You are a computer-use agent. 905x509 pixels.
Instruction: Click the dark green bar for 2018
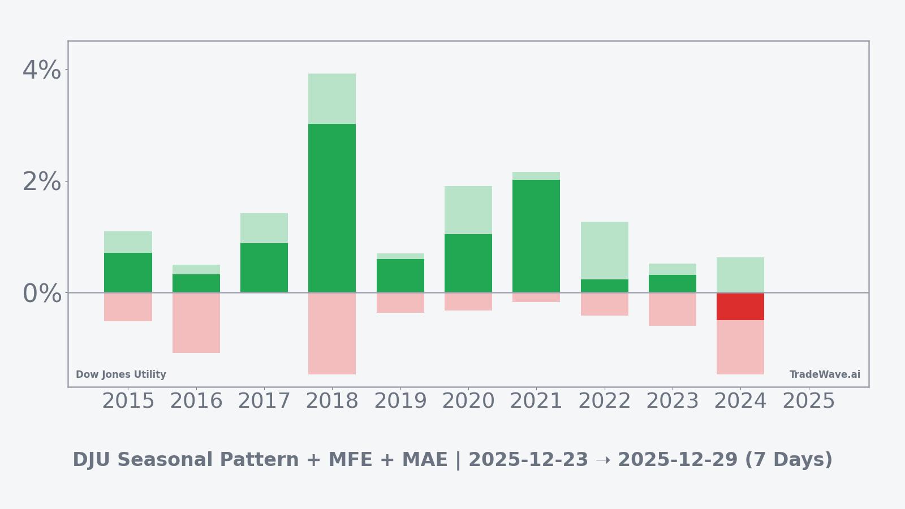(332, 208)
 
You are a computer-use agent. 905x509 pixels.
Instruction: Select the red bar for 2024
(740, 307)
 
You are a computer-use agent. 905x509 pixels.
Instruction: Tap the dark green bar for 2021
(536, 236)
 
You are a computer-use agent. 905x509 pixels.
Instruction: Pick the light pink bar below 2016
(196, 323)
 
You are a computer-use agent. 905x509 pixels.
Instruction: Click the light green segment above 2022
(604, 250)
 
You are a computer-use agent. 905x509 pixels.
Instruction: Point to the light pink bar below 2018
(332, 334)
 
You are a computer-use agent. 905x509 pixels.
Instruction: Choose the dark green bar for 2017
(264, 268)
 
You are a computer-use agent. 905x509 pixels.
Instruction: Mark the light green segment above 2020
(468, 210)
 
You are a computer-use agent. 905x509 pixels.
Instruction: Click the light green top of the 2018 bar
(332, 98)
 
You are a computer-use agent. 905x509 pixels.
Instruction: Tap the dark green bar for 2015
(128, 273)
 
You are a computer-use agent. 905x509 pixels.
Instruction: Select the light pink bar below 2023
(672, 309)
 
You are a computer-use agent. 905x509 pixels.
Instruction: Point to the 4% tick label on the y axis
(41, 70)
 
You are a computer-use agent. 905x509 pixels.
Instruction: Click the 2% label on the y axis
(41, 182)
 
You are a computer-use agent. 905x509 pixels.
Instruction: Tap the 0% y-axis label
(41, 294)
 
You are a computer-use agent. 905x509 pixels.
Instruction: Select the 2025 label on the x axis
(808, 401)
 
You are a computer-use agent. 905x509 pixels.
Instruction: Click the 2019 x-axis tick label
(400, 401)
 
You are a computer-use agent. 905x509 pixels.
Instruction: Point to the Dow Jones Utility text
(121, 374)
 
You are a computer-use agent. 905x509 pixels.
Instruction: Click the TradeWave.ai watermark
(825, 374)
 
